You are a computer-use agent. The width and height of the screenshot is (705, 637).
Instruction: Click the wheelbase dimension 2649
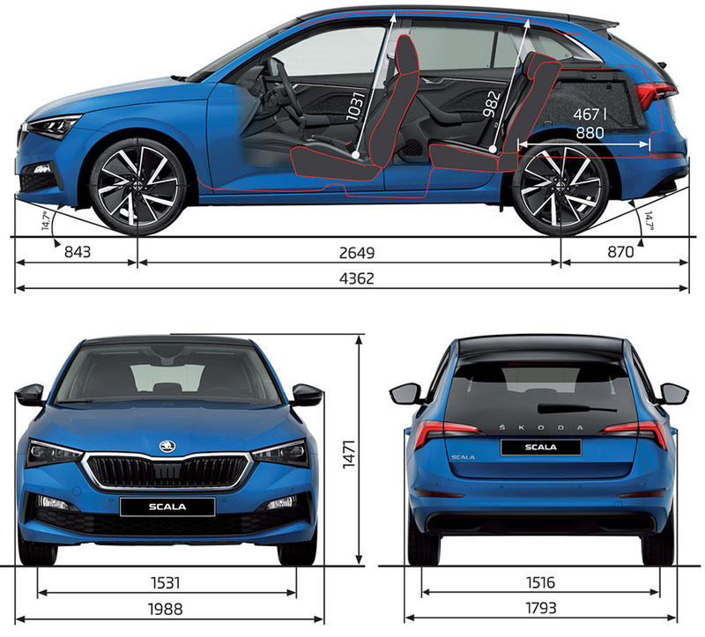click(357, 253)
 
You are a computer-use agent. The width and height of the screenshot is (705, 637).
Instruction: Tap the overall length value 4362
click(357, 278)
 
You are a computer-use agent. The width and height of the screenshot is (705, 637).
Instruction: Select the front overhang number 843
click(78, 252)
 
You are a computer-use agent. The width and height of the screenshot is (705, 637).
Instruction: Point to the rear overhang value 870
click(620, 252)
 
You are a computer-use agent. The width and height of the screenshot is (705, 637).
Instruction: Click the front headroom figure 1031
click(355, 107)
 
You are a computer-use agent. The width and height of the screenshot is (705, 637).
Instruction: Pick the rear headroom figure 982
click(492, 104)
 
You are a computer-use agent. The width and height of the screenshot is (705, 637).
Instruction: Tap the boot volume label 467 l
click(590, 115)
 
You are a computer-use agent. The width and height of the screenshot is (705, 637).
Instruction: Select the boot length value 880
click(590, 133)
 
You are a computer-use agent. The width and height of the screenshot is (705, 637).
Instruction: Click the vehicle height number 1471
click(349, 455)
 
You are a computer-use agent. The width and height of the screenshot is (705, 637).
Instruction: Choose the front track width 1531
click(166, 583)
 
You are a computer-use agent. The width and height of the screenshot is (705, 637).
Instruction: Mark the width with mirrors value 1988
click(166, 609)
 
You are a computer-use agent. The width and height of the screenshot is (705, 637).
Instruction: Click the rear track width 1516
click(540, 583)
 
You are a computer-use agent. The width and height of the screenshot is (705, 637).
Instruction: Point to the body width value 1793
click(540, 608)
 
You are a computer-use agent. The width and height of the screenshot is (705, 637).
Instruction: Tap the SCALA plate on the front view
click(167, 507)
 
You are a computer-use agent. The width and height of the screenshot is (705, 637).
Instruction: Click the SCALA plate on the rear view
click(541, 448)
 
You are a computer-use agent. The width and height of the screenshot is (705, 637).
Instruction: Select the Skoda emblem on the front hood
click(167, 447)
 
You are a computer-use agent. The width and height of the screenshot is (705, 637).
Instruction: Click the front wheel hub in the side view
click(137, 189)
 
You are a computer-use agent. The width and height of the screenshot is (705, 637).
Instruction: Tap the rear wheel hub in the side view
click(560, 187)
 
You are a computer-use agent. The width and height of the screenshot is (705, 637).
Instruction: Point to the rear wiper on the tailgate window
click(576, 408)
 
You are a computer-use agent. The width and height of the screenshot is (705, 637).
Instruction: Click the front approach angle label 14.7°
click(46, 220)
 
